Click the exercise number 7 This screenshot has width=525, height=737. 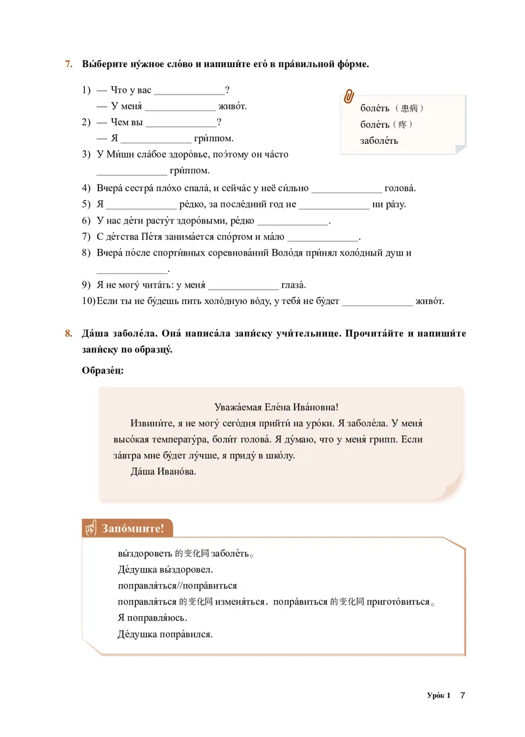coord(68,64)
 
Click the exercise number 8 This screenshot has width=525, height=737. coord(68,334)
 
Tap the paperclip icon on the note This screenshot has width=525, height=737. coord(349,96)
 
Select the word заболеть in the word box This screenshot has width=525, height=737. coord(379,141)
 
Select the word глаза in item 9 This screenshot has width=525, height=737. coord(293,285)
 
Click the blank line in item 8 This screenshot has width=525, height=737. coord(132,269)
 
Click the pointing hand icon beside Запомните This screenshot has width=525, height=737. coord(91,528)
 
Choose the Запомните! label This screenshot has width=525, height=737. coord(133,528)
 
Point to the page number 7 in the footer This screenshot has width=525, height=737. coord(462,696)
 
